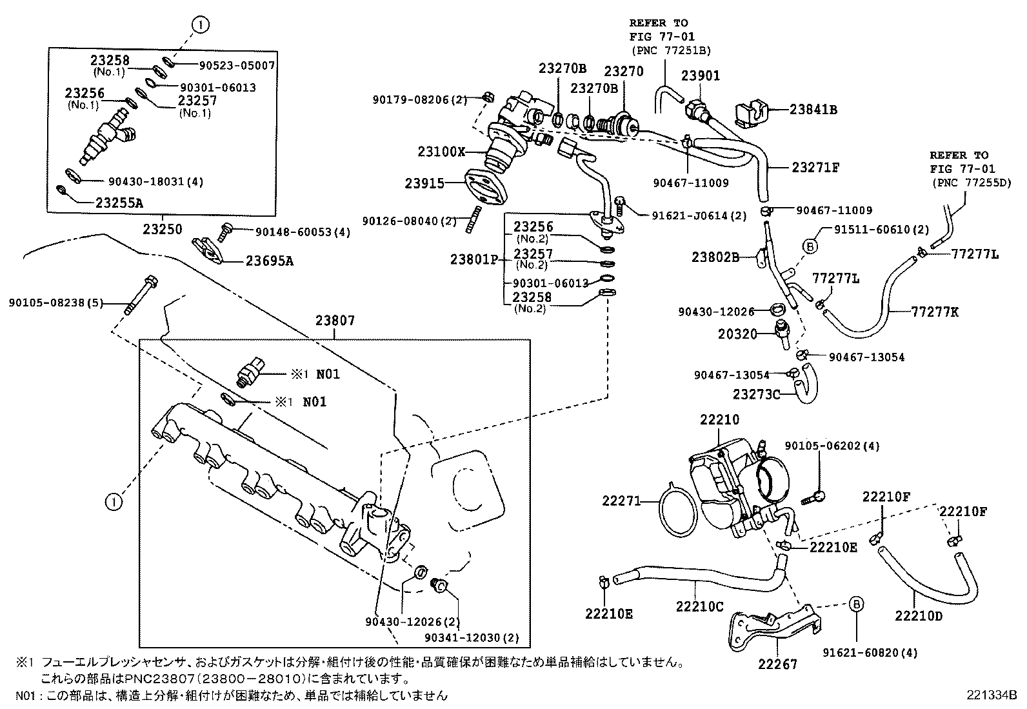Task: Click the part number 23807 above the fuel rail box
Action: click(x=335, y=321)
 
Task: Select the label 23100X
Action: click(x=441, y=152)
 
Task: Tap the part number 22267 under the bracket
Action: click(x=777, y=664)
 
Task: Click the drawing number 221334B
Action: click(x=991, y=695)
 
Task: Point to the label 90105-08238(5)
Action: click(x=55, y=302)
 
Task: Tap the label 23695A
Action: click(x=270, y=261)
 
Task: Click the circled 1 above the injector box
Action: click(x=201, y=25)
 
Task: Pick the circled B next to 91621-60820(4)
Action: click(x=855, y=604)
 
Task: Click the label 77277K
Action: click(x=935, y=312)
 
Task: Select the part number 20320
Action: click(x=737, y=334)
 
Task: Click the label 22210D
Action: click(x=919, y=616)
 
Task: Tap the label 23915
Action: click(x=424, y=183)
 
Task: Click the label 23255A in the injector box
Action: click(x=119, y=203)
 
